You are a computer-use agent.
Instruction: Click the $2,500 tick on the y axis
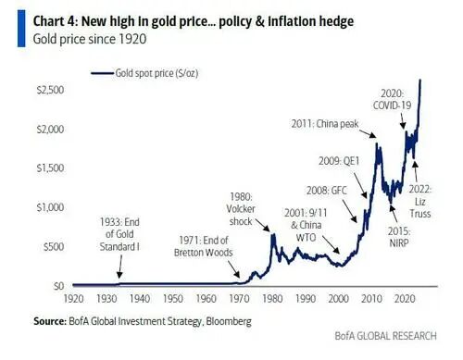click(x=50, y=90)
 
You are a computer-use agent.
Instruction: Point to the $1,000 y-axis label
click(x=50, y=207)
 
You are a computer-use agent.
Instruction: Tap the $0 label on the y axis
click(x=58, y=286)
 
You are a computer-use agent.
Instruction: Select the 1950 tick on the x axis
click(x=173, y=299)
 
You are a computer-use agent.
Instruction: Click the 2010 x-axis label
click(x=371, y=299)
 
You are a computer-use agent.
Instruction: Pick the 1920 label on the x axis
click(x=73, y=299)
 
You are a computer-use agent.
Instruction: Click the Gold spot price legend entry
click(x=144, y=73)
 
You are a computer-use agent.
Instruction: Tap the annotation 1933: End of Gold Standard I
click(x=119, y=234)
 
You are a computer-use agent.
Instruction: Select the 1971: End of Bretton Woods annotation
click(x=203, y=246)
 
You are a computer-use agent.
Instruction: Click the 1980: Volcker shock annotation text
click(x=241, y=209)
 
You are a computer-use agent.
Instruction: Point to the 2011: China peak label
click(x=325, y=124)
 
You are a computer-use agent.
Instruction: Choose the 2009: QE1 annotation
click(x=339, y=161)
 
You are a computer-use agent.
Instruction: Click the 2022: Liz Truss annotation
click(x=420, y=201)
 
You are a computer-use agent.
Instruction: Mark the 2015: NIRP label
click(x=399, y=237)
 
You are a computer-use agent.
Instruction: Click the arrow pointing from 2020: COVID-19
click(x=403, y=121)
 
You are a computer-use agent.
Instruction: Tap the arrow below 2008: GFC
click(x=350, y=211)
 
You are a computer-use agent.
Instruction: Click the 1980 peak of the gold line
click(x=273, y=234)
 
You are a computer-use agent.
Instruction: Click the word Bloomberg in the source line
click(x=229, y=321)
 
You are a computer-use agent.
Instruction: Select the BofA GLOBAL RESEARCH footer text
click(x=386, y=336)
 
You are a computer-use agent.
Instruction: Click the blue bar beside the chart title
click(x=21, y=29)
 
